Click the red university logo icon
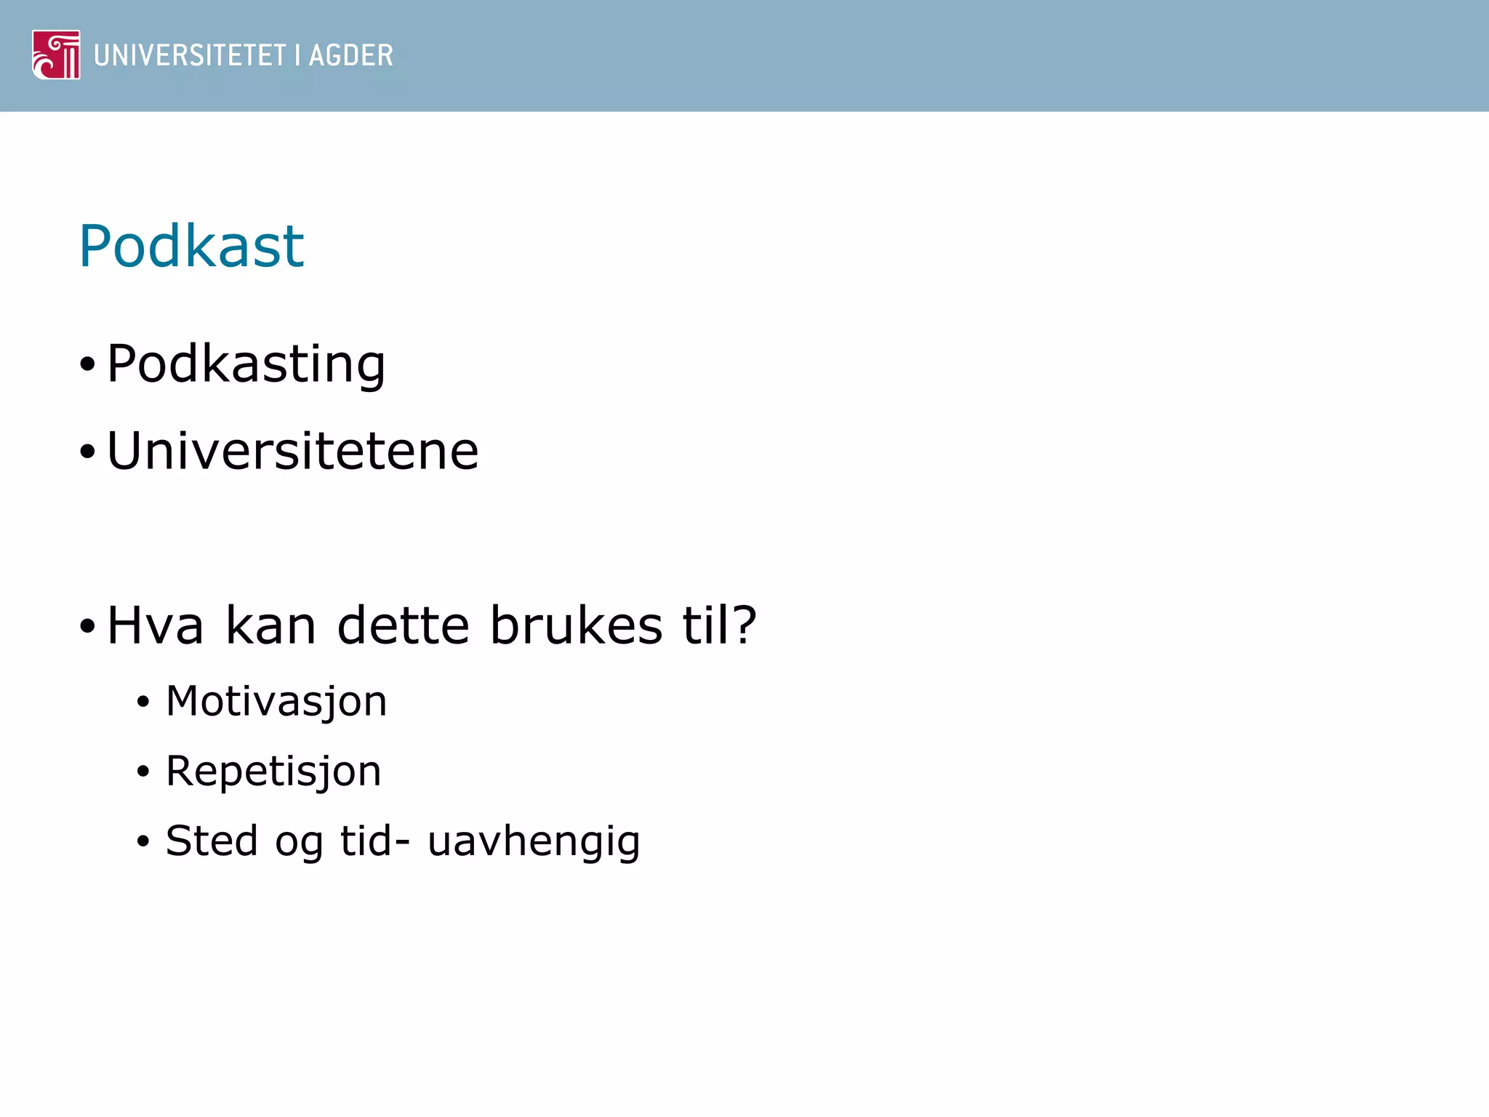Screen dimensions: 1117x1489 pyautogui.click(x=56, y=55)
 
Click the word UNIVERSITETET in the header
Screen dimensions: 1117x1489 pyautogui.click(x=190, y=55)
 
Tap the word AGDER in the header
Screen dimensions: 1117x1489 pyautogui.click(x=350, y=55)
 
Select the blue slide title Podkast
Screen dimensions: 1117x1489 pyautogui.click(x=191, y=247)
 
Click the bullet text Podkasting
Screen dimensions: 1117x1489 pyautogui.click(x=246, y=364)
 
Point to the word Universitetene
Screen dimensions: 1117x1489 pyautogui.click(x=292, y=451)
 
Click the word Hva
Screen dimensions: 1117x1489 pyautogui.click(x=155, y=625)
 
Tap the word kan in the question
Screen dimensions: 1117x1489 pyautogui.click(x=270, y=625)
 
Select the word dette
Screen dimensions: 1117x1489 pyautogui.click(x=404, y=625)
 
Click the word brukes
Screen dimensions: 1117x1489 pyautogui.click(x=576, y=625)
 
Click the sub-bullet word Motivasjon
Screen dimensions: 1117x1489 pyautogui.click(x=276, y=702)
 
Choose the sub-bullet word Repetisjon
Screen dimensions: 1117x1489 pyautogui.click(x=273, y=772)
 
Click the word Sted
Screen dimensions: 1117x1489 pyautogui.click(x=212, y=841)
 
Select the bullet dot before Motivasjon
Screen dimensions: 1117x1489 pyautogui.click(x=143, y=702)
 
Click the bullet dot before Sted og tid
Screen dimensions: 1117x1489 pyautogui.click(x=143, y=842)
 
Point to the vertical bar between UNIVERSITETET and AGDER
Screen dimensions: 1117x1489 pyautogui.click(x=297, y=55)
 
